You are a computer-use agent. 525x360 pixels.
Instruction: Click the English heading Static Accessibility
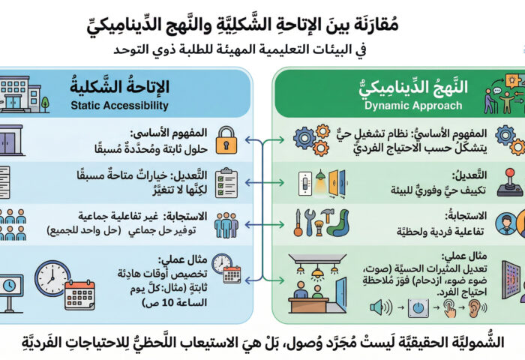(130, 106)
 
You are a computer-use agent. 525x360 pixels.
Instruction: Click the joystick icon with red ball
(509, 181)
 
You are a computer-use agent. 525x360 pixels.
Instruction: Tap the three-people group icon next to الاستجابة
(226, 224)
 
